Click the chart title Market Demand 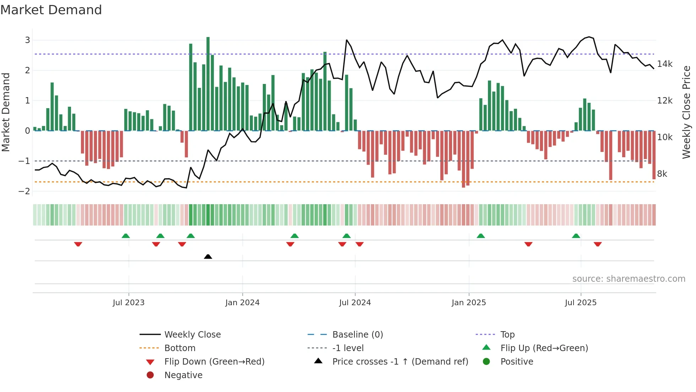pos(51,10)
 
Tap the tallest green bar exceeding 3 pos(208,84)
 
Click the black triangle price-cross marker pos(208,256)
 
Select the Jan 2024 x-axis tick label pos(242,303)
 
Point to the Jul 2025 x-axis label pos(581,303)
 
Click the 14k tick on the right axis pos(664,64)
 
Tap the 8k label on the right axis pos(662,174)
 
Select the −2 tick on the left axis pos(24,191)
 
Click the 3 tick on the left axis pos(27,40)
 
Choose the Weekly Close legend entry pos(192,335)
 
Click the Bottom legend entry pos(180,348)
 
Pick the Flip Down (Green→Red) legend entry pos(214,362)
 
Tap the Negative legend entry pos(183,375)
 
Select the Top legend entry pos(507,335)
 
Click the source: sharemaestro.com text pos(629,279)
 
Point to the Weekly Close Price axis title pos(686,112)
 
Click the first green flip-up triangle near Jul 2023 pos(126,236)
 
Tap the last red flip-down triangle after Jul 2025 pos(598,244)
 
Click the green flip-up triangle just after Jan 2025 pos(481,236)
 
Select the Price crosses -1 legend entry pos(400,362)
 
